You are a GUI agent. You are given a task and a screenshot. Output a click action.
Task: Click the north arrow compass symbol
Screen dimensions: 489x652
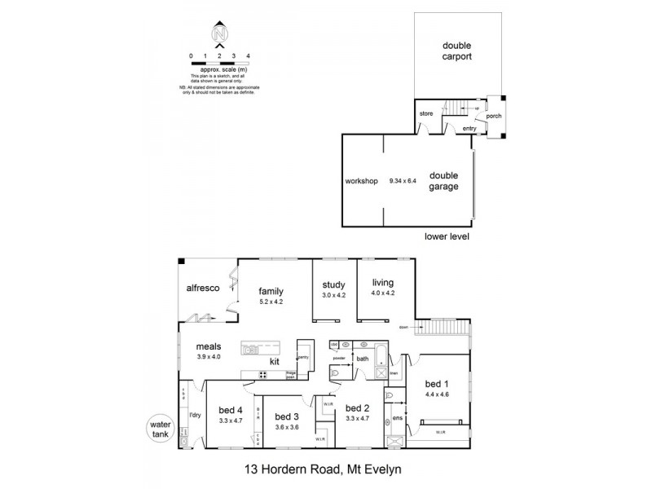pyautogui.click(x=219, y=34)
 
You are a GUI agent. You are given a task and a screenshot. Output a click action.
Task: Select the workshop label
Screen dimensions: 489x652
pyautogui.click(x=362, y=181)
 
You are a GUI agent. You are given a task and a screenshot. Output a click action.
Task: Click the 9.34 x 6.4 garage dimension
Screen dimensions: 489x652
pyautogui.click(x=403, y=181)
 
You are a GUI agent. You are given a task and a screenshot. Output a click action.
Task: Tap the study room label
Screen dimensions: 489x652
pyautogui.click(x=335, y=284)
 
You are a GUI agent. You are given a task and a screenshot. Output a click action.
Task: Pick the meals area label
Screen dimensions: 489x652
pyautogui.click(x=186, y=346)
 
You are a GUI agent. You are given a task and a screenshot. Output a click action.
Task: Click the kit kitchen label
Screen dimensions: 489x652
pyautogui.click(x=276, y=360)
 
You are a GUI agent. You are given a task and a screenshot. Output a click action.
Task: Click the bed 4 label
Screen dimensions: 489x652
pyautogui.click(x=231, y=410)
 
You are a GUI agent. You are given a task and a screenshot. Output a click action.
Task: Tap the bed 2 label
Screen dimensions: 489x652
pyautogui.click(x=359, y=408)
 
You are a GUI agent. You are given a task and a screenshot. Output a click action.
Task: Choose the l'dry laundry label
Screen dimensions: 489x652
pyautogui.click(x=195, y=416)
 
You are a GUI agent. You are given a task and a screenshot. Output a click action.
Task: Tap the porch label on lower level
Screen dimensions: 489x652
pyautogui.click(x=494, y=116)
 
